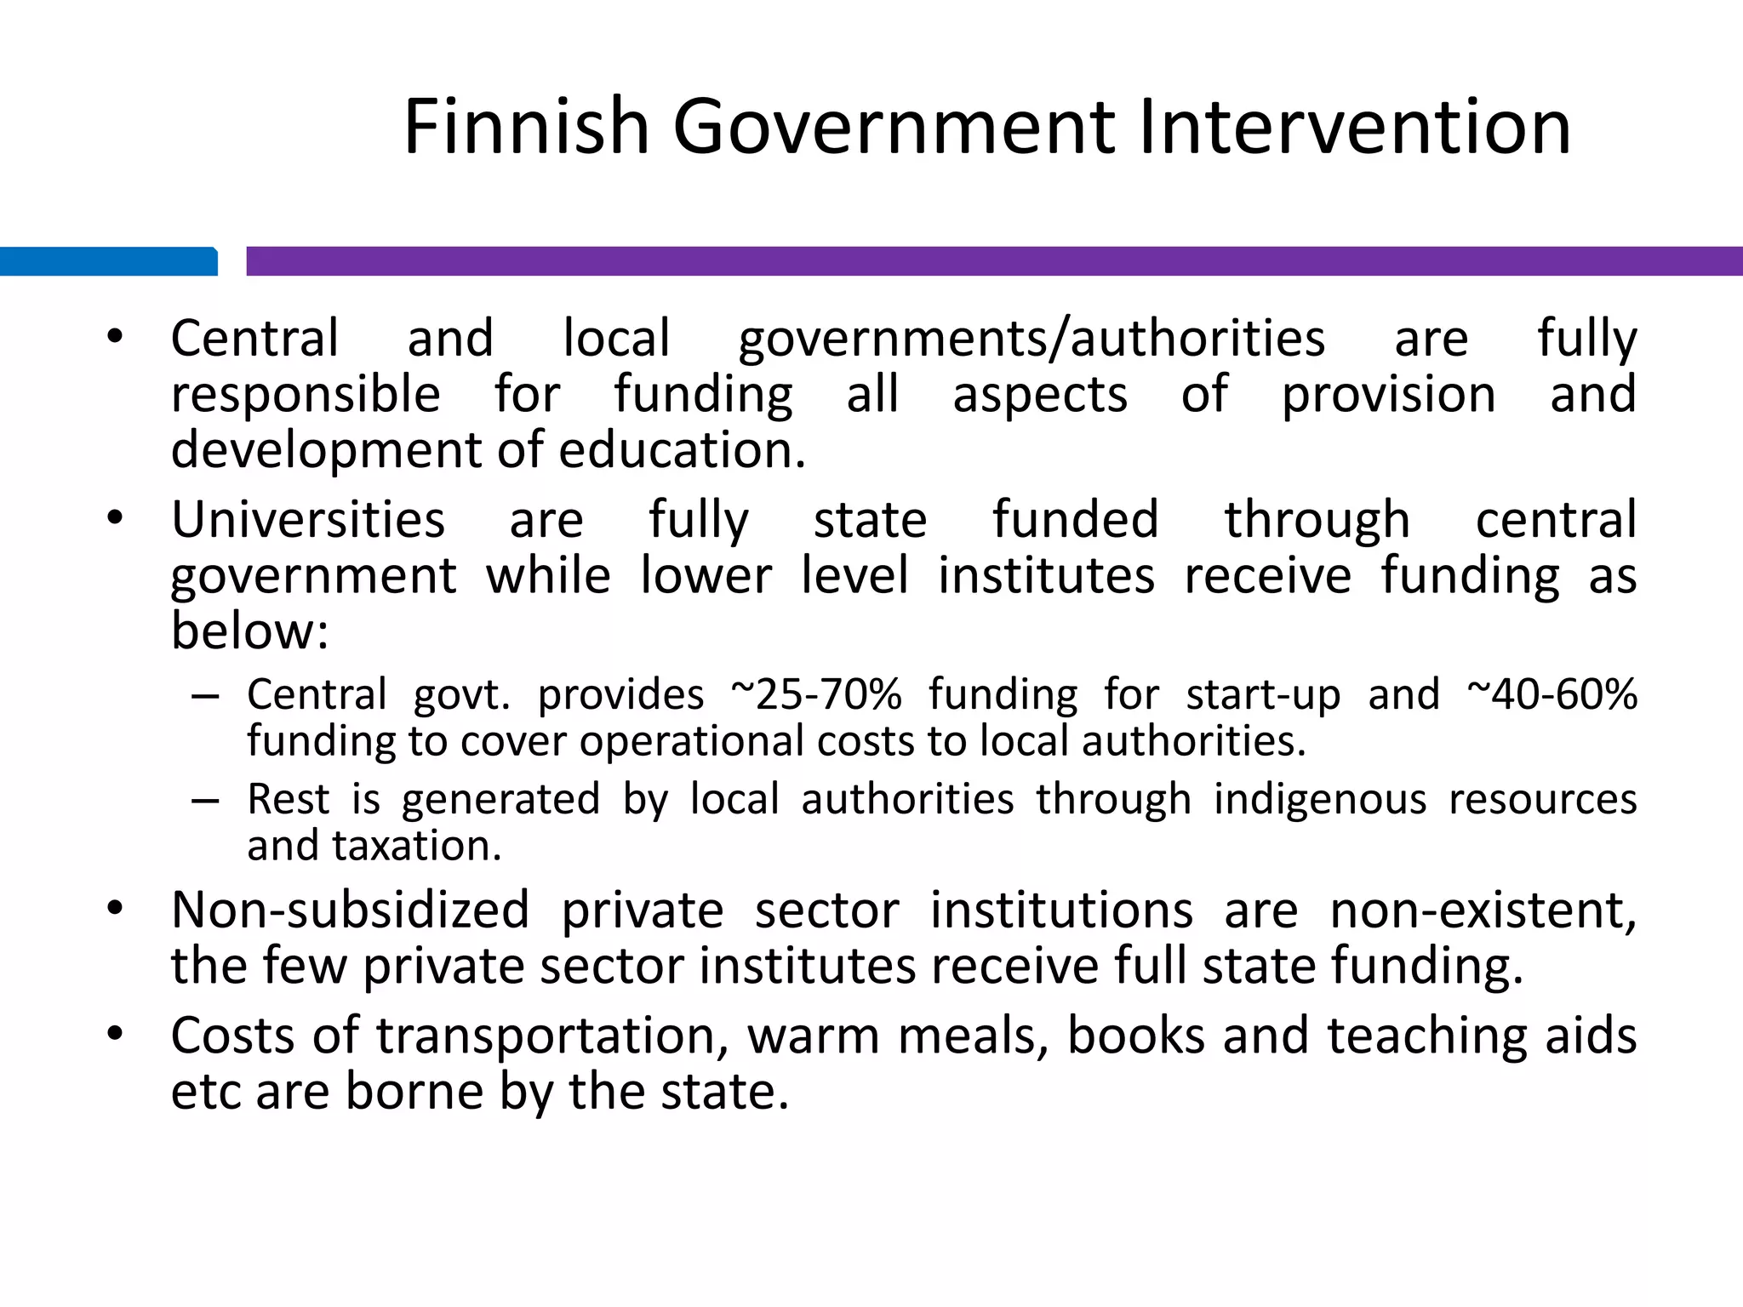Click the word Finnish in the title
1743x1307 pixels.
click(x=527, y=128)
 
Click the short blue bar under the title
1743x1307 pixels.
click(x=108, y=261)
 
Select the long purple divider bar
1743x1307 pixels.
click(x=994, y=261)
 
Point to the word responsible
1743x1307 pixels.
click(x=306, y=396)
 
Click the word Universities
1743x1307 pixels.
click(x=308, y=520)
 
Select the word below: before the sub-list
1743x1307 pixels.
click(x=249, y=632)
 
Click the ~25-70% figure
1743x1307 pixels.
click(x=816, y=694)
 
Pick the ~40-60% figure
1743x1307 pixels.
click(x=1552, y=694)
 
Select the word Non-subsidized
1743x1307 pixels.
click(x=350, y=910)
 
